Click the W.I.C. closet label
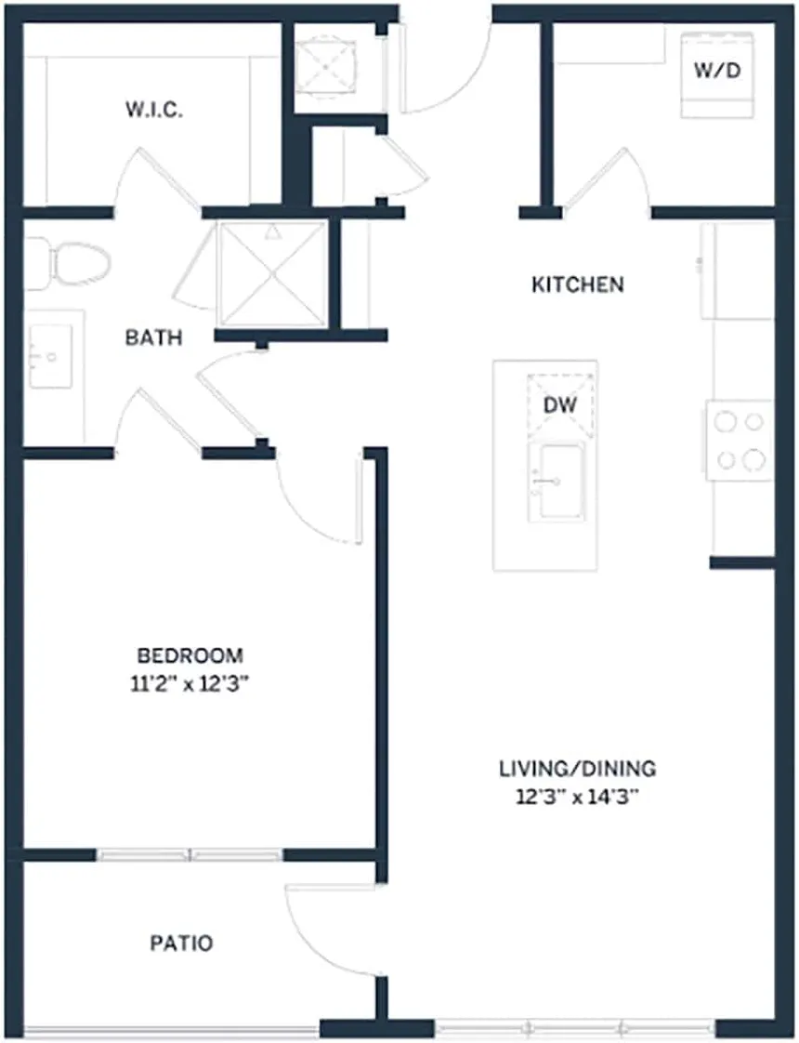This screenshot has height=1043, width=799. (154, 111)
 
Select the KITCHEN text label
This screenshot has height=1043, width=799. (577, 284)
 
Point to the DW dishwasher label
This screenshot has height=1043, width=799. (560, 404)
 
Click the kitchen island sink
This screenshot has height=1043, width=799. (557, 482)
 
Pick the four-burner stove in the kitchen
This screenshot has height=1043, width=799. (740, 440)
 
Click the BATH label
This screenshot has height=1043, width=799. (153, 337)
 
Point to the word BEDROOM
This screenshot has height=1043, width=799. (190, 654)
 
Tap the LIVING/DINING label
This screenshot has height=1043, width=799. (577, 769)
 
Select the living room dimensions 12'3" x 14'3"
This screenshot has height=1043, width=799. (577, 797)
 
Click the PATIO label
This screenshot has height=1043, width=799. (181, 944)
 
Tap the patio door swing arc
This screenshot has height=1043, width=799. (321, 930)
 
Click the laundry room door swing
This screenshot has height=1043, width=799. (609, 177)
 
